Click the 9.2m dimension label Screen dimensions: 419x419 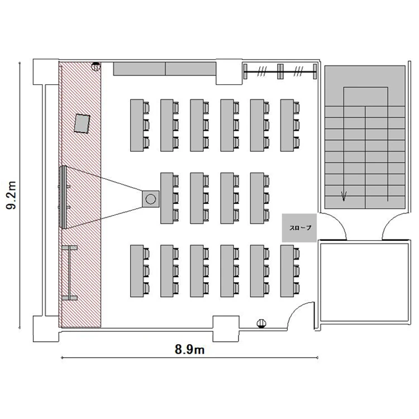12,195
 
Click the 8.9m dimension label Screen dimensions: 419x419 190,349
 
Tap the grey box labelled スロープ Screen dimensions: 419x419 299,228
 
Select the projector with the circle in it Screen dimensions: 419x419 151,199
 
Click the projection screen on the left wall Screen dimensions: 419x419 63,197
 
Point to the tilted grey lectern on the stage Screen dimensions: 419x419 82,123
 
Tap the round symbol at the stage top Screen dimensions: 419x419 96,66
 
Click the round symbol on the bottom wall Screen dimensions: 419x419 261,323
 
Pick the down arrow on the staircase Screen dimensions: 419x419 344,196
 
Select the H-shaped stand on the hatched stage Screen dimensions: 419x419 69,273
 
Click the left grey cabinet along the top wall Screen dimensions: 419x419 139,69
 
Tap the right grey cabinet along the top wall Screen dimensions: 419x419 191,69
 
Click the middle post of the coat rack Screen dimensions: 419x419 280,72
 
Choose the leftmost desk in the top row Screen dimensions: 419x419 137,125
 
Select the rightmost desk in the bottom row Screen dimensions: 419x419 287,271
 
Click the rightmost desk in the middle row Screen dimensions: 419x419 257,198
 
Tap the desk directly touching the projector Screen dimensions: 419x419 166,198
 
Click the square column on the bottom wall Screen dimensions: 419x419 226,328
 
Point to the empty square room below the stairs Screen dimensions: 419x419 364,282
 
